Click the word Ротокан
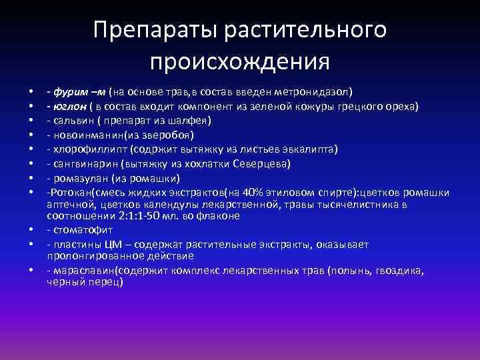(69, 193)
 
